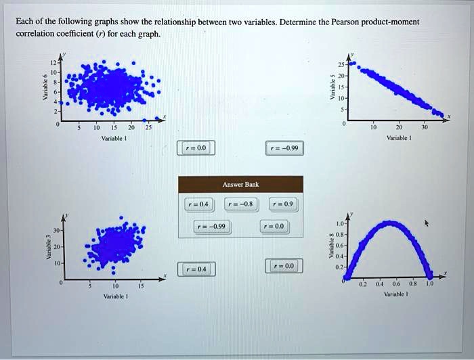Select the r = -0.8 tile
pos(240,203)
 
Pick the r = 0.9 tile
pos(284,203)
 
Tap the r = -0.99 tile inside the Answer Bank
pos(213,226)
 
